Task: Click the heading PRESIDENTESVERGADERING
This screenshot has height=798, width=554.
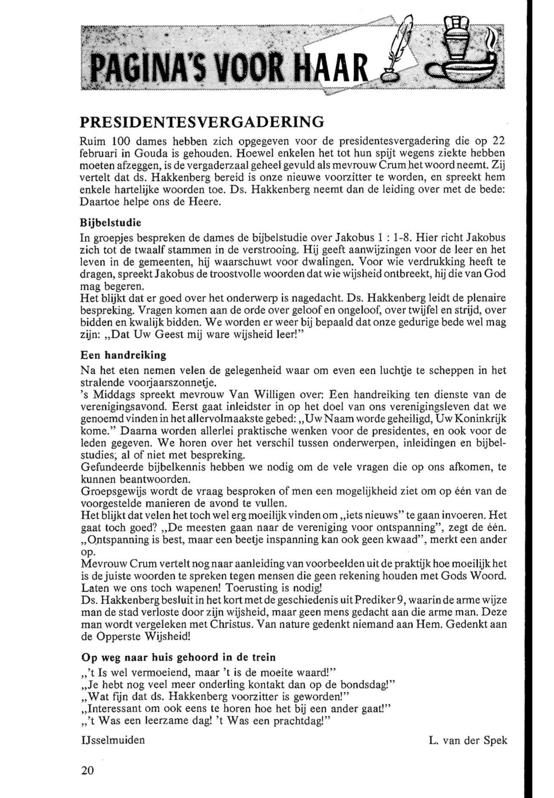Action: click(202, 122)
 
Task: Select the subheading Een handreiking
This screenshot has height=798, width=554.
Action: click(123, 355)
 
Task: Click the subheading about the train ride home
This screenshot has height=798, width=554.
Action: click(178, 657)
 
